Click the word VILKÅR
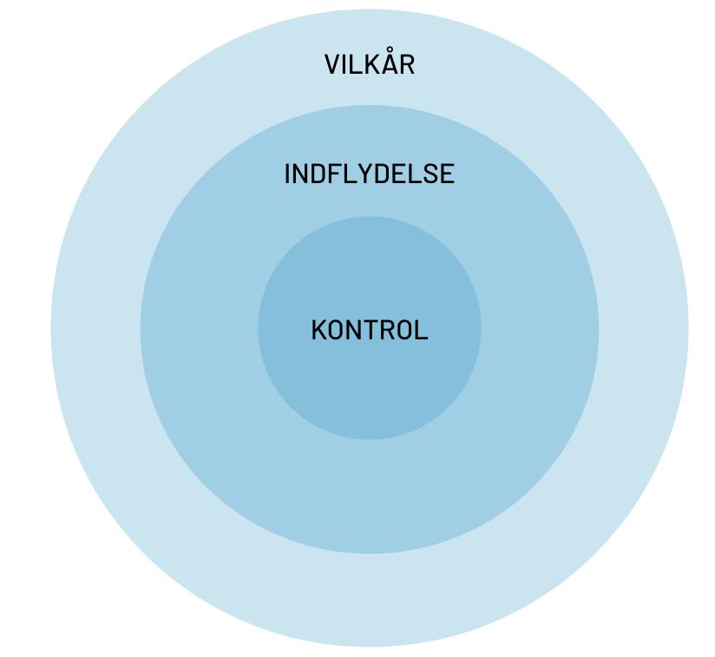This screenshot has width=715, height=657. tap(370, 64)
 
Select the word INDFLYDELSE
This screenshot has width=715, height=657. tap(370, 174)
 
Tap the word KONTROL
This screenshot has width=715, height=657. tap(370, 330)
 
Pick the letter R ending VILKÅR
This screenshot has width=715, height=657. tap(406, 65)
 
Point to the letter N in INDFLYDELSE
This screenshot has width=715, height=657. tap(301, 174)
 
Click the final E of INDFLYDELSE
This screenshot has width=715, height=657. tap(447, 174)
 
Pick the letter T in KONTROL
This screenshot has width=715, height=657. tap(370, 331)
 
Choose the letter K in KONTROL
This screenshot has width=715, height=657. tap(318, 331)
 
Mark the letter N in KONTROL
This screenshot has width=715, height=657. tap(353, 331)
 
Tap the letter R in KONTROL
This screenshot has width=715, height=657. tap(385, 331)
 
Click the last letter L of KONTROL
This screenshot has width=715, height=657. tap(422, 331)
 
